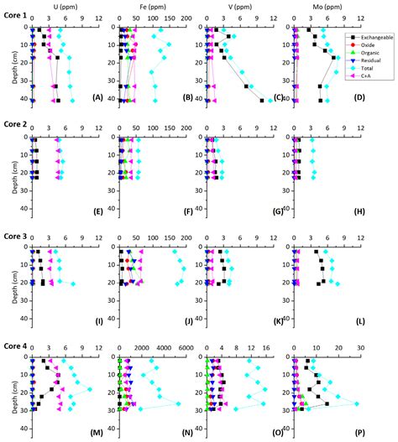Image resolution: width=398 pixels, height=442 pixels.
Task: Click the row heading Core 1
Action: [16, 6]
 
